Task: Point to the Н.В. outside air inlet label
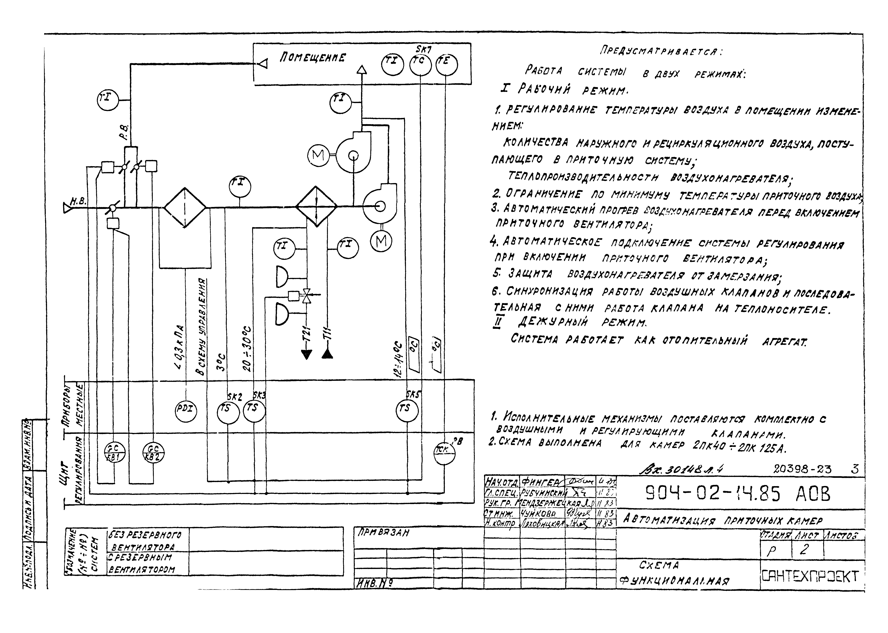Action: (78, 201)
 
